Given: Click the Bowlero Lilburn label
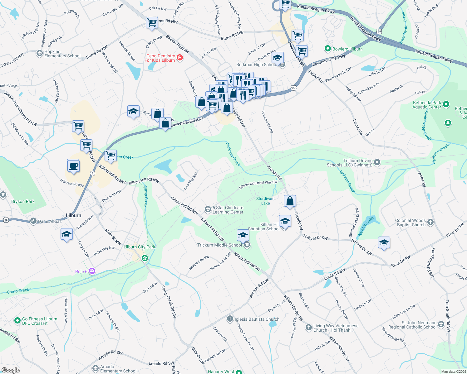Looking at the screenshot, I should [347, 49].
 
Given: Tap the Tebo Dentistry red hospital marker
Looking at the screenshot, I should [179, 57].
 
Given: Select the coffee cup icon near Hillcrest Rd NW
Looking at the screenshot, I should [73, 166].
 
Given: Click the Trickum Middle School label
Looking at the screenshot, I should [219, 245].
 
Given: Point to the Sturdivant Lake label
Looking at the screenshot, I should [265, 201].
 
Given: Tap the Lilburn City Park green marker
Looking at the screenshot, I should [145, 258].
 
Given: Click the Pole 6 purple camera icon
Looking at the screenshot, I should [92, 271].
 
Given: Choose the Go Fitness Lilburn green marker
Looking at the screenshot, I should [17, 320].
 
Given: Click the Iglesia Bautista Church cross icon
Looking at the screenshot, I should [230, 319].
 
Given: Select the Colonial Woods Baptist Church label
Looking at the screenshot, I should [410, 223].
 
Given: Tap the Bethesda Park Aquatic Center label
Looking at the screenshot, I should [427, 105].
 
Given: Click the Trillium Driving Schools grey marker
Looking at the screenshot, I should [377, 162].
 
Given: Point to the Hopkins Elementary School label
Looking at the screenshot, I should [62, 54].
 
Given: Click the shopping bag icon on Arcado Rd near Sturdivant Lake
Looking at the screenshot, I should [290, 201].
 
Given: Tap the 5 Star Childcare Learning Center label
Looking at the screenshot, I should [228, 210].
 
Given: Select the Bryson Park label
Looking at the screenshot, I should [23, 201].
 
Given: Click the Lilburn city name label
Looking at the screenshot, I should [73, 215].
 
